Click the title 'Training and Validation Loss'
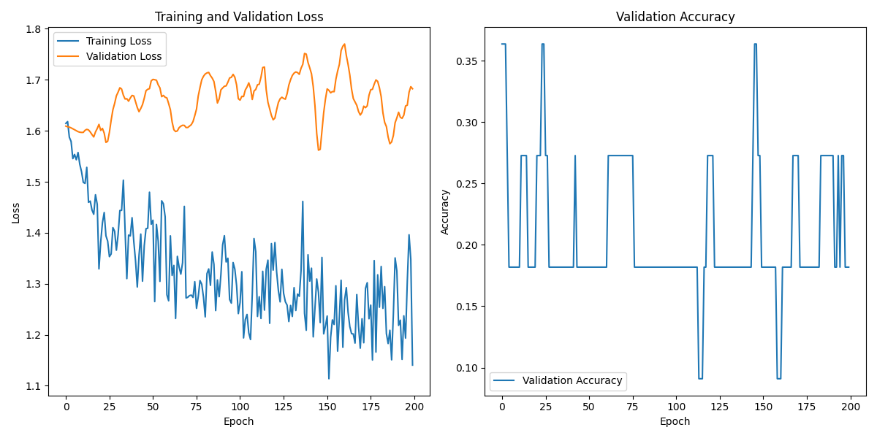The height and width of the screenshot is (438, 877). (239, 17)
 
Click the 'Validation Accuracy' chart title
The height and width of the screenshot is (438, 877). (675, 17)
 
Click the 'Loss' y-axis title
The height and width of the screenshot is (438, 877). (16, 212)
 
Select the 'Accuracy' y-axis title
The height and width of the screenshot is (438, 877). (445, 212)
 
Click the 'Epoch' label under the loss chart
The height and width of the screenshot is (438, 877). (239, 421)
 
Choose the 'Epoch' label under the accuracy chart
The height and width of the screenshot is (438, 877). (675, 421)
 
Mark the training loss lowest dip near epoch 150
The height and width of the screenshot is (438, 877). (329, 378)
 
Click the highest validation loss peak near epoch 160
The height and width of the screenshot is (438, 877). (344, 44)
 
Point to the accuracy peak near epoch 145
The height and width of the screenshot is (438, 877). (755, 44)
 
